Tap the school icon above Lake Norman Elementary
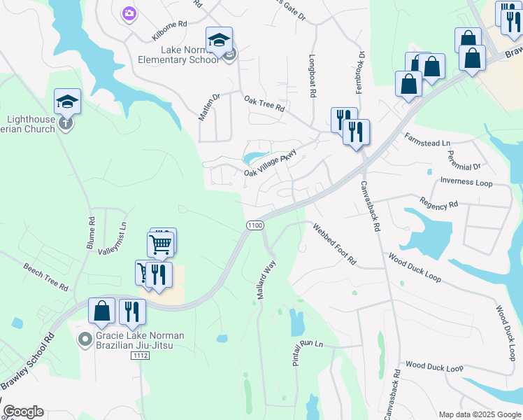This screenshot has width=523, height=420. point(219,40)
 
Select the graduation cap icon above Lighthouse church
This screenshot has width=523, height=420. point(67,102)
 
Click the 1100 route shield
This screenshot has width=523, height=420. point(255,225)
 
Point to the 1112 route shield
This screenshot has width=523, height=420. point(139,356)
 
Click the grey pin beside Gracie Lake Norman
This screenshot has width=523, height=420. point(85,339)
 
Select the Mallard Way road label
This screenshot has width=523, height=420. point(266,280)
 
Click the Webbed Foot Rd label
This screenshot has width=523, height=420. point(335,244)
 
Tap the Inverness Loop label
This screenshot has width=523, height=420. point(466,183)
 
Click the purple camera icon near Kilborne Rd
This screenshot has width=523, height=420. point(128,13)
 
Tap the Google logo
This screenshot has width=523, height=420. point(23,412)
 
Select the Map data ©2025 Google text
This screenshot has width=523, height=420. point(480,414)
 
